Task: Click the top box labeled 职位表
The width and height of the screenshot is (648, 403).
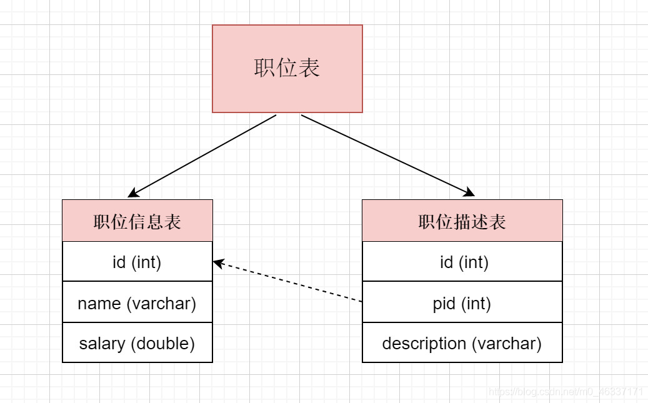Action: (x=287, y=69)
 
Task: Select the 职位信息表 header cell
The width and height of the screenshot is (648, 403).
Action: (x=137, y=221)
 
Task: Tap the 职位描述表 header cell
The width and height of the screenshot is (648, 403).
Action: (x=462, y=221)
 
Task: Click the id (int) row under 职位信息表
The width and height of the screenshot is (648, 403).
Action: (x=137, y=262)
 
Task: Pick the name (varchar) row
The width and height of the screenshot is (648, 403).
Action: (x=137, y=304)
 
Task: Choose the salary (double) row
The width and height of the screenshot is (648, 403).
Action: (x=137, y=343)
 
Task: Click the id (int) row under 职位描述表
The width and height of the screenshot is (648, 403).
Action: (x=462, y=262)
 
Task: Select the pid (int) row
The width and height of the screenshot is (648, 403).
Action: (x=462, y=304)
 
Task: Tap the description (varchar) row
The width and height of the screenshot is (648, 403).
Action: (x=462, y=343)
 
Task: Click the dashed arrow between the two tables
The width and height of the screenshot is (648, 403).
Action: (x=287, y=282)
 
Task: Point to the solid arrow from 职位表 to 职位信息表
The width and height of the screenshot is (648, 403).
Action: (x=203, y=156)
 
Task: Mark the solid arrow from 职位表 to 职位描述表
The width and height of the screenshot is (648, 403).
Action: (x=387, y=155)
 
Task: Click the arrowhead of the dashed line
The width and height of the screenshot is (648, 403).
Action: (x=218, y=263)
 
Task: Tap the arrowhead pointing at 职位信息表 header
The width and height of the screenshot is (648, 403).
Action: (x=133, y=193)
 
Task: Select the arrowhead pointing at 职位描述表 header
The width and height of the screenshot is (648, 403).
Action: (x=469, y=192)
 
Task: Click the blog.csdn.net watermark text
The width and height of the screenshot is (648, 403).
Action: (x=566, y=392)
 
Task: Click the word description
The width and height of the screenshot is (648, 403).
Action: (x=424, y=343)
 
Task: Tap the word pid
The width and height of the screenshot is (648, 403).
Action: (x=445, y=304)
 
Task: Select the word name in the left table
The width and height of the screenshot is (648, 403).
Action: (x=99, y=304)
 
